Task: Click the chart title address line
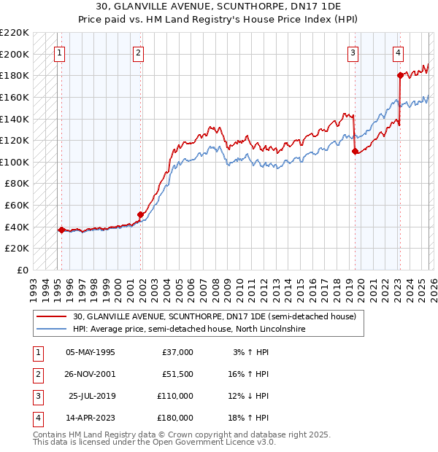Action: (219, 7)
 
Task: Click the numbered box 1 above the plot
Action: (59, 52)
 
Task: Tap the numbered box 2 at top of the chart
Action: (138, 52)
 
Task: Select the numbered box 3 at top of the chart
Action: (353, 52)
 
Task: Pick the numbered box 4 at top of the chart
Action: (398, 52)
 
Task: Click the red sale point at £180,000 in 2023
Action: (400, 75)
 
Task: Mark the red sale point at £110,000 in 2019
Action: (355, 151)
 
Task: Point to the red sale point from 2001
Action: (141, 214)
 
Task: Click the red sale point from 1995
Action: (61, 230)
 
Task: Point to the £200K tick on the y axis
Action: (15, 54)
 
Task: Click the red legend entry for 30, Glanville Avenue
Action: (214, 317)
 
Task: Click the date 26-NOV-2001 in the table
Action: (91, 373)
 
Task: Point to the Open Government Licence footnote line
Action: (154, 443)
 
